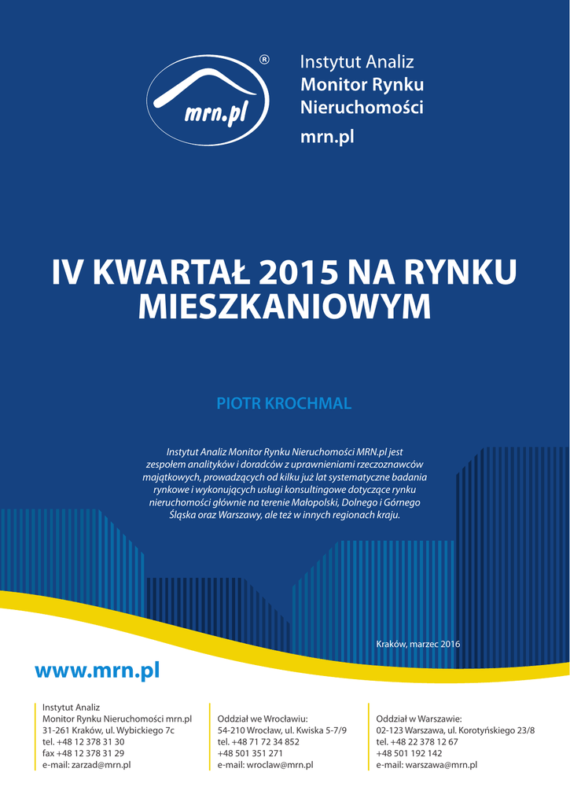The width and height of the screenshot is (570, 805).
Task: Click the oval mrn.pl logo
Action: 208,101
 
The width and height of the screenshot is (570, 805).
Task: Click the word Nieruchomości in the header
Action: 362,108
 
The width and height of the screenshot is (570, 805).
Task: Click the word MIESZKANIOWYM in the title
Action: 285,307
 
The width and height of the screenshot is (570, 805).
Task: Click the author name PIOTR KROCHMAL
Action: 284,404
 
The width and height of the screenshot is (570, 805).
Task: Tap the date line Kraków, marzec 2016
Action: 418,645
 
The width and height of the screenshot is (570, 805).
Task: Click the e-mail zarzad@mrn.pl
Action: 86,764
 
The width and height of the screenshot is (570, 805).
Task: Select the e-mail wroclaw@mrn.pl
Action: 265,764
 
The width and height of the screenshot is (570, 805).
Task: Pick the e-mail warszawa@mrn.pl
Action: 427,764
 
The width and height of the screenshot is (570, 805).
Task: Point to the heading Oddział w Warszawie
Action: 418,719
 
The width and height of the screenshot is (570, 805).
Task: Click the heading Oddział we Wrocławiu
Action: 262,719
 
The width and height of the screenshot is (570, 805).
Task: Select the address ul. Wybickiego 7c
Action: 140,730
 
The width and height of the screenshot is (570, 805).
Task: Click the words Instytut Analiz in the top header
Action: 357,62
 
